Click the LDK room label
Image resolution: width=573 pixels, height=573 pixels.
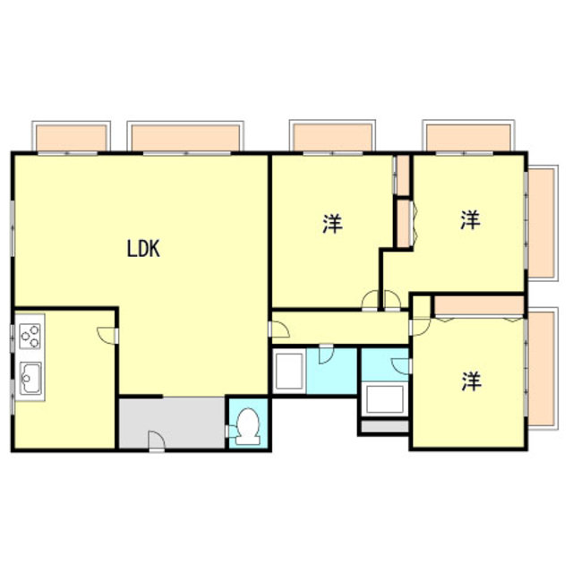142,250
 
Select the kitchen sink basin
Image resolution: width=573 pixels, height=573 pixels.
30,381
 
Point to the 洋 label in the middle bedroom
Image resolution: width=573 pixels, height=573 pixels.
332,223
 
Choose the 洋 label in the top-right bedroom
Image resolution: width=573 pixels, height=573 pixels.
470,220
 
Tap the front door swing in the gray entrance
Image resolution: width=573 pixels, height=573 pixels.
156,440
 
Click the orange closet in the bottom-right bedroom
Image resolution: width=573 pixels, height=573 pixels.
478,305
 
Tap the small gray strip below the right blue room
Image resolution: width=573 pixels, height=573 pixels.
382,428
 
